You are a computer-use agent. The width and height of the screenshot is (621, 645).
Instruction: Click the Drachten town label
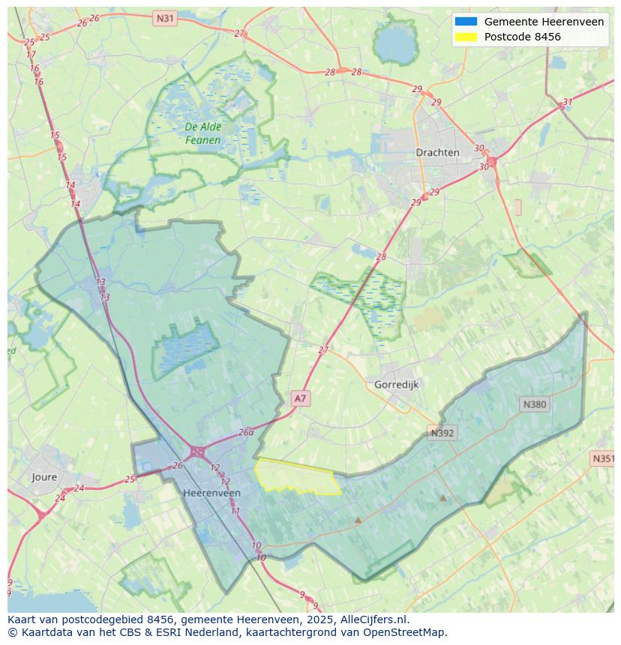click(x=437, y=152)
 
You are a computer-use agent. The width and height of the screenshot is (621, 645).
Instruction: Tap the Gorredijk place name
click(x=396, y=384)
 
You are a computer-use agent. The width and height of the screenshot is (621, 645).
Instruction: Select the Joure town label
click(x=44, y=476)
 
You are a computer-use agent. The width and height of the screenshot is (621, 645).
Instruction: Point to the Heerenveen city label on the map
click(x=211, y=493)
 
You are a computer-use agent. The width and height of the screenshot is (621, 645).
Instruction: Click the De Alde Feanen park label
click(x=203, y=133)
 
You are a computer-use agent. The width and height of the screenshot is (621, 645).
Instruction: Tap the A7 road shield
click(x=300, y=399)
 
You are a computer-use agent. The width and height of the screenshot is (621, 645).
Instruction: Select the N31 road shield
click(x=165, y=17)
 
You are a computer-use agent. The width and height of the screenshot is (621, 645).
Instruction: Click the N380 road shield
click(x=534, y=405)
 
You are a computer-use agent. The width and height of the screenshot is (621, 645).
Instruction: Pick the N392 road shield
click(x=442, y=433)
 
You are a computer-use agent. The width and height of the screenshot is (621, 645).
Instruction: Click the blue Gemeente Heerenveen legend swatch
click(x=465, y=22)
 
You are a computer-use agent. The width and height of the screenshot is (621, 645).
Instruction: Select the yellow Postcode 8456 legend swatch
click(x=465, y=37)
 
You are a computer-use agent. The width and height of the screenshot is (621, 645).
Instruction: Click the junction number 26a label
click(x=246, y=432)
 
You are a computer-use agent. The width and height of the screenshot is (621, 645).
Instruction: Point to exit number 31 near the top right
click(x=568, y=102)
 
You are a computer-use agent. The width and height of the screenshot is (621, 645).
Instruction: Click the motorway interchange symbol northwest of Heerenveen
click(x=198, y=452)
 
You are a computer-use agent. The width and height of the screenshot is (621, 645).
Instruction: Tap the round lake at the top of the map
click(x=395, y=43)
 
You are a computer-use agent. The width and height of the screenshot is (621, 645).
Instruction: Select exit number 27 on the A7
click(x=323, y=350)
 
